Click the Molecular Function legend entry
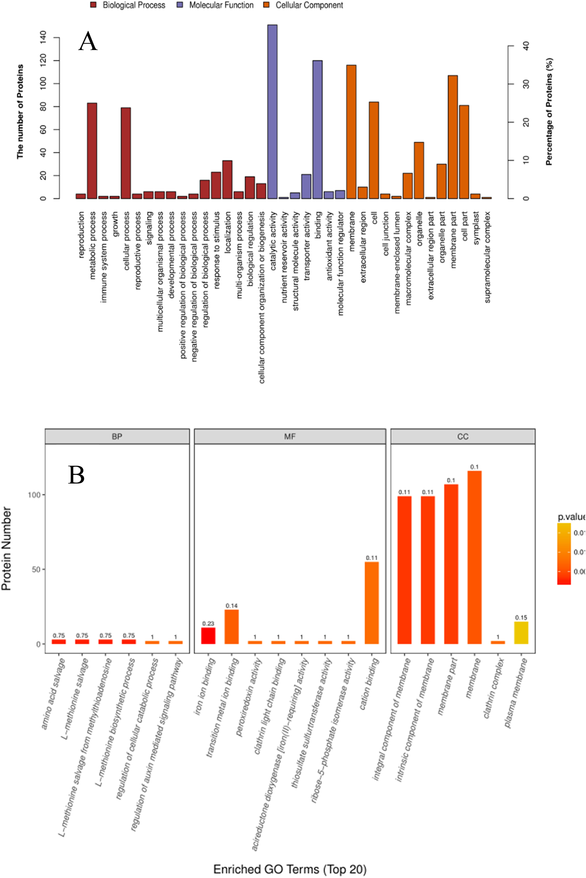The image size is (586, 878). (221, 5)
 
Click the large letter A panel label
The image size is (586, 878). (88, 42)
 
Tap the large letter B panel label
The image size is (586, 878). (76, 475)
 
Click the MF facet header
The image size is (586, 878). (290, 436)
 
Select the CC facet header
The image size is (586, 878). (463, 436)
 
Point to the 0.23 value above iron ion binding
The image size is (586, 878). (208, 624)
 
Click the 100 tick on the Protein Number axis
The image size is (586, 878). (34, 495)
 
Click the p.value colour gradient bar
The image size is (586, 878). (564, 554)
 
